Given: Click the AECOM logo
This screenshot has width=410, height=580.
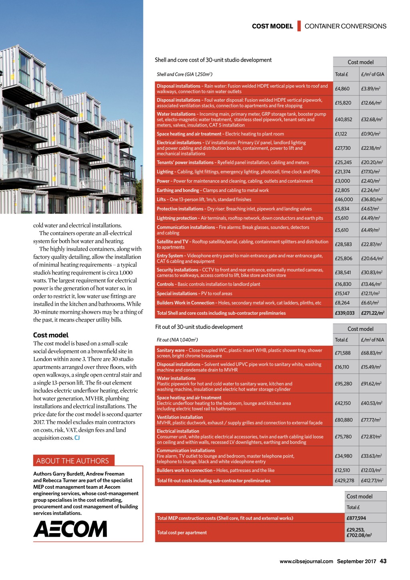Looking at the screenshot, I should coord(70,529).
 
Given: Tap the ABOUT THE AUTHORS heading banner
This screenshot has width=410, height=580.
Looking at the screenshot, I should coord(73,461).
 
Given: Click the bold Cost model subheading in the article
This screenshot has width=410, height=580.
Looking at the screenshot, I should coord(51,335).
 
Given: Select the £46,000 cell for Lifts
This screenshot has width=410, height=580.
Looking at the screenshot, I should coord(344,199).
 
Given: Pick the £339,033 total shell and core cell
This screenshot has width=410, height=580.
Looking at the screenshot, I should coord(345,313).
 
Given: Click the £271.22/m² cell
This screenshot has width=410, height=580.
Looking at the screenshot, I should coord(372,313).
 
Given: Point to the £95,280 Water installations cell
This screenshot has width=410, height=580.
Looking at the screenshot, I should coord(344,384).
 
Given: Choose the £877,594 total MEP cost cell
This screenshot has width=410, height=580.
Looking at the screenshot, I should coord(356,518).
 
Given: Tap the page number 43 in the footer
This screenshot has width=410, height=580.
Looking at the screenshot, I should coord(383,561).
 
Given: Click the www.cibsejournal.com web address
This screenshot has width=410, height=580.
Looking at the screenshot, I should coord(306,561).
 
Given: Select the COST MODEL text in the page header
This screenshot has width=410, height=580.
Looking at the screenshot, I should coord(272,26).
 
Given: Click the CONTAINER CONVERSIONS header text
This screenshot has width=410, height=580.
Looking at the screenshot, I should coord(346,26).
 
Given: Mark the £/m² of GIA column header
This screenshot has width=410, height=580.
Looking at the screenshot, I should coord(372,75).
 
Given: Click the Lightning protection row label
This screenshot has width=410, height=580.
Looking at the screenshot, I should coord(177,218).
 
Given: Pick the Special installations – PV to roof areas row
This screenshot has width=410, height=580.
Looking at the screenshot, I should coord(195,294).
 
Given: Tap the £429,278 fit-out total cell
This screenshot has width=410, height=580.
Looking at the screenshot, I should coord(345,481).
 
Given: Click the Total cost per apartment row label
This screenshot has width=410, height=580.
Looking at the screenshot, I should coord(182,533).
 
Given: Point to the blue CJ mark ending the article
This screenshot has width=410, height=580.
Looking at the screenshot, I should coord(77,438).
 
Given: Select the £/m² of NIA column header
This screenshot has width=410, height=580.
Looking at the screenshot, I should coord(372,340).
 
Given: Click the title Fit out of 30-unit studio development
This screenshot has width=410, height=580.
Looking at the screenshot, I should coord(199,327).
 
